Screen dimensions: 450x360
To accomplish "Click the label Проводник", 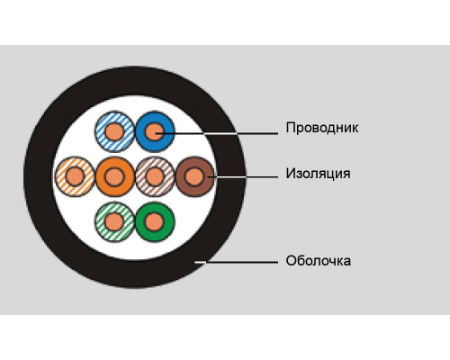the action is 322,128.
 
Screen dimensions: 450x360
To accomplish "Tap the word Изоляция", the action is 318,174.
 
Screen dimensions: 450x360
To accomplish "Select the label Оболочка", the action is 319,261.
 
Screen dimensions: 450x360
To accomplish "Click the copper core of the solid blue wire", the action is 155,131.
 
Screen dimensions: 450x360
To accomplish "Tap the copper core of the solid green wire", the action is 155,222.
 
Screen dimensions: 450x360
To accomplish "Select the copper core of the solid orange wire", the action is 114,176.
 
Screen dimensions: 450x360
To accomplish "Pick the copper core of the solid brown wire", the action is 194,176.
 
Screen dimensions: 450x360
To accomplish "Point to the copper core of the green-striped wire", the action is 114,222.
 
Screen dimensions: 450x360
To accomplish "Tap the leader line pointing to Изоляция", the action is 243,177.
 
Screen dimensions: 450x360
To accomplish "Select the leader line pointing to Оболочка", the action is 237,262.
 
